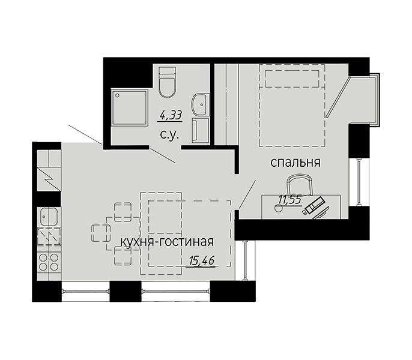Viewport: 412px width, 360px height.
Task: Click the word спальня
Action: tap(295, 162)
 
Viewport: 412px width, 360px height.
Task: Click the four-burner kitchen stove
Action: tap(48, 262)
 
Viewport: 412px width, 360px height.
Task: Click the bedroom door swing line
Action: tap(248, 194)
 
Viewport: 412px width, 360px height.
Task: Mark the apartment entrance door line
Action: tap(83, 134)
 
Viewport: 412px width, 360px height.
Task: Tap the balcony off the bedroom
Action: tap(363, 99)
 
